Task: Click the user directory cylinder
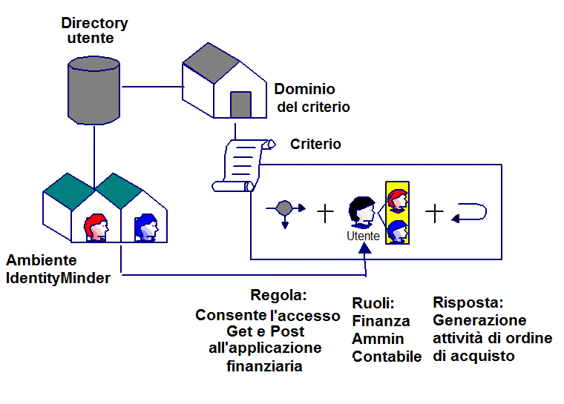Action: [x=94, y=89]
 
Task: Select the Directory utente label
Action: [x=94, y=30]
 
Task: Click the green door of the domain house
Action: [x=240, y=105]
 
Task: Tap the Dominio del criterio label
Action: [x=312, y=98]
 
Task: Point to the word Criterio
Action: [x=315, y=145]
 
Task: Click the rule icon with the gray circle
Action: [x=285, y=210]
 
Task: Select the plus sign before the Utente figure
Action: [x=326, y=213]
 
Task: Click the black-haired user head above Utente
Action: [x=364, y=212]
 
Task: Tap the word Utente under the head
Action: [x=363, y=236]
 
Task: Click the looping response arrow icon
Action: [x=469, y=213]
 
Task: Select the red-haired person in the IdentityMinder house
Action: [x=96, y=227]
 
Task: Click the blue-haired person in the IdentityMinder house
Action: [x=147, y=227]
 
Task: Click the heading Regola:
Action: [x=279, y=295]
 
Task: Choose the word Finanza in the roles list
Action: [x=381, y=321]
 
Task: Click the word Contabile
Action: [x=387, y=357]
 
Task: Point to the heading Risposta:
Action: [x=468, y=303]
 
